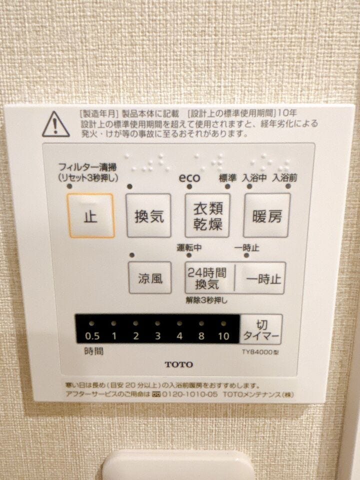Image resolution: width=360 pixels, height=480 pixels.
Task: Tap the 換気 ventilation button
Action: [149, 215]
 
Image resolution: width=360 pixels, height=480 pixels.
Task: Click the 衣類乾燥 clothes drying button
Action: [207, 215]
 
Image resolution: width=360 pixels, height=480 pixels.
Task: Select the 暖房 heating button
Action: [266, 215]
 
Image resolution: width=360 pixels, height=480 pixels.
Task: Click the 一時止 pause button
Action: [260, 278]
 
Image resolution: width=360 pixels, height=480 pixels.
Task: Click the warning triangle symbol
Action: [55, 124]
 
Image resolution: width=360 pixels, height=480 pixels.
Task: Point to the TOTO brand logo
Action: [179, 364]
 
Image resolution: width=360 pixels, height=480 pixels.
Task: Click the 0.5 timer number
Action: [92, 336]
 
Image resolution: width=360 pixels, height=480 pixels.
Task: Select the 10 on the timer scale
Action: [223, 336]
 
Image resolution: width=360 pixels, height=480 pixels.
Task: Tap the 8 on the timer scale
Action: [201, 336]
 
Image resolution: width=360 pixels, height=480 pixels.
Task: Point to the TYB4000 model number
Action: [260, 352]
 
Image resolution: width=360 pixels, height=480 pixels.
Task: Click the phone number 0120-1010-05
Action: [189, 394]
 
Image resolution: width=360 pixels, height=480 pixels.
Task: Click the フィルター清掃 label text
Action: [87, 167]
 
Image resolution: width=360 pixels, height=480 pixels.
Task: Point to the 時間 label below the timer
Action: [93, 351]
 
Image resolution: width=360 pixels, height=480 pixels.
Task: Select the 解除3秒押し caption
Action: [206, 300]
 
